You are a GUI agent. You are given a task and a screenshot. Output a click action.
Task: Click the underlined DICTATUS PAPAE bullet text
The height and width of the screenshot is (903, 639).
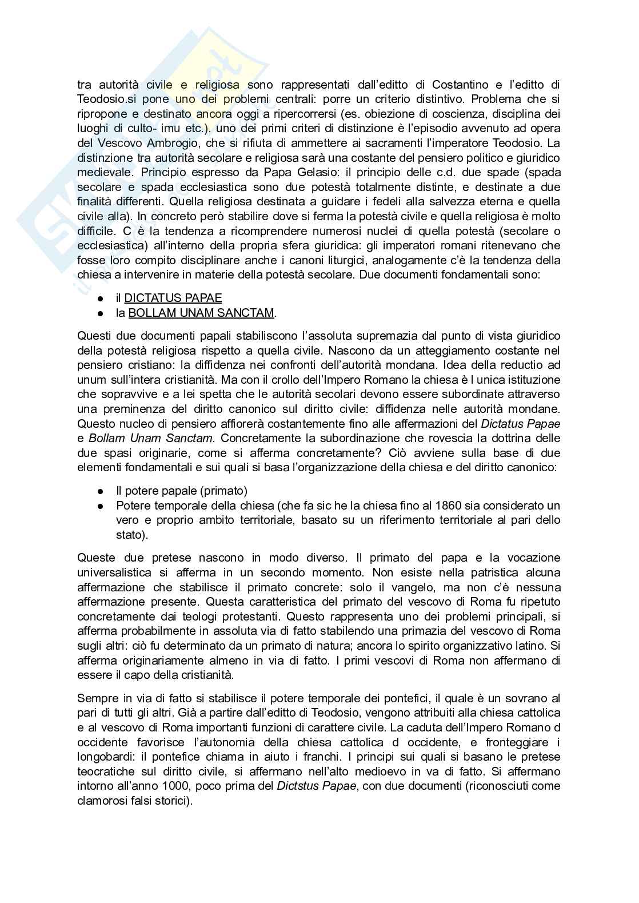click(x=173, y=298)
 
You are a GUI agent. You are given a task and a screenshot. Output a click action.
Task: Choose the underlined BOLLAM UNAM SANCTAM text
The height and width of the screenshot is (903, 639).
click(x=201, y=313)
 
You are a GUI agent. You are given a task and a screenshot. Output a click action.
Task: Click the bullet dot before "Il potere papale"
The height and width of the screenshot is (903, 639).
click(x=101, y=491)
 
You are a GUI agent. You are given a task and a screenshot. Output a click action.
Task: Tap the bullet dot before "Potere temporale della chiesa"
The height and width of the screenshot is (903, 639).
click(x=101, y=506)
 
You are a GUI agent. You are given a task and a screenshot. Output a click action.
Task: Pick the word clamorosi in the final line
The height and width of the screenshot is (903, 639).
click(x=99, y=801)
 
